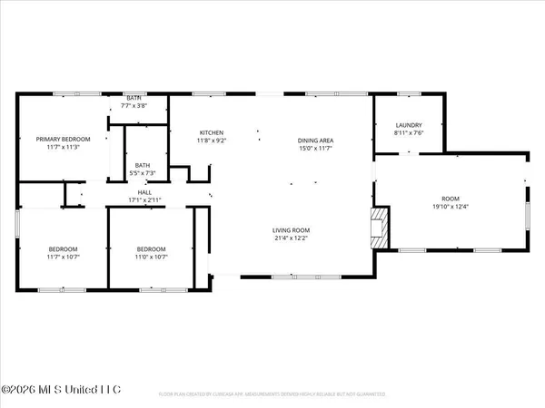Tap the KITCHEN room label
click(x=212, y=132)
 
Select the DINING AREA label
click(x=316, y=140)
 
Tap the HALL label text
click(x=144, y=192)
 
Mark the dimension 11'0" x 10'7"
click(x=151, y=257)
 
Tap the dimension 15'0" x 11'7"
click(x=316, y=148)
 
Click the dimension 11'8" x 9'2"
click(x=212, y=141)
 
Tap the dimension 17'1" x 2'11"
click(x=144, y=200)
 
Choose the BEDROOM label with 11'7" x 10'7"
click(x=63, y=248)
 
